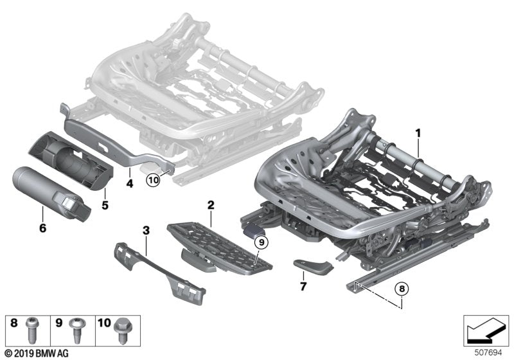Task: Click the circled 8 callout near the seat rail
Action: coord(402,289)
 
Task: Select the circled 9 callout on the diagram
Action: coord(260,242)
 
